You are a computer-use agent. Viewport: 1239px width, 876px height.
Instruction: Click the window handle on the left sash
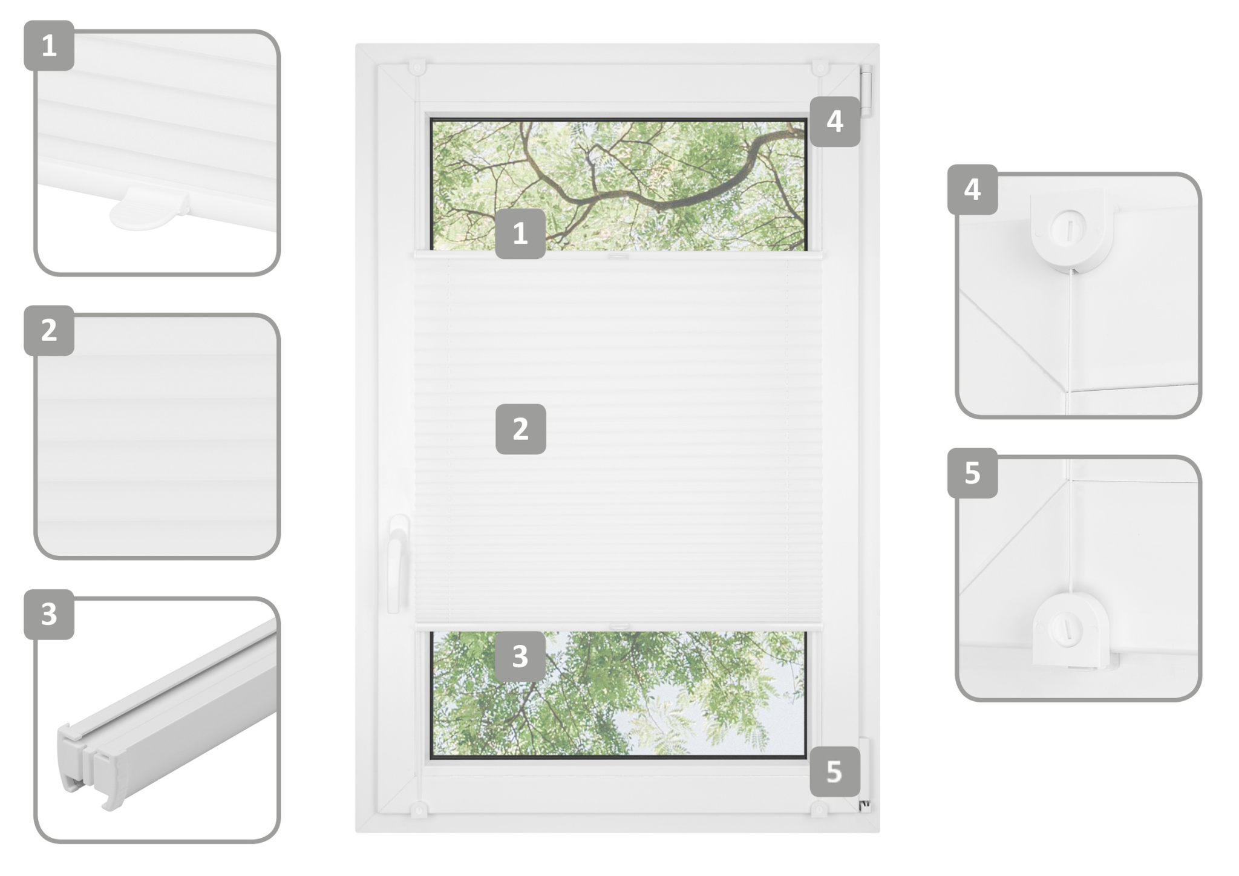(x=398, y=563)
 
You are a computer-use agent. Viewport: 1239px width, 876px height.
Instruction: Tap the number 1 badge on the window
(x=520, y=234)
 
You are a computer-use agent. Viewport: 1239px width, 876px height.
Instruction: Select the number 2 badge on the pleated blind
(x=520, y=429)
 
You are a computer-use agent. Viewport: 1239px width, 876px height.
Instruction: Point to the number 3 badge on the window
(x=520, y=656)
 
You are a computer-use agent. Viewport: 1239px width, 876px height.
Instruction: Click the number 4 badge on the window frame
(x=835, y=121)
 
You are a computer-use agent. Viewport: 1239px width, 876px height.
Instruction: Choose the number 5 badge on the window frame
(x=835, y=771)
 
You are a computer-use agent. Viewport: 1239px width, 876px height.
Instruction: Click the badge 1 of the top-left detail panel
(x=49, y=45)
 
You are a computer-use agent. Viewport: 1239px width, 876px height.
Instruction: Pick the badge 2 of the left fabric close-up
(x=49, y=330)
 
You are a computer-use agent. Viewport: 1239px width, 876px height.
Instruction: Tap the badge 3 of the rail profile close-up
(x=49, y=614)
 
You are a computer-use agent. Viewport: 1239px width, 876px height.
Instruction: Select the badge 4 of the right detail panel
(x=972, y=189)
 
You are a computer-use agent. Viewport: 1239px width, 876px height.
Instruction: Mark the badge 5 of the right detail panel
(x=972, y=473)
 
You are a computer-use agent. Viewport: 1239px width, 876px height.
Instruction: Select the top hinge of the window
(x=866, y=90)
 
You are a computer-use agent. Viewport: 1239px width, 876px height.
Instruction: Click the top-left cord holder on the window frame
(x=417, y=67)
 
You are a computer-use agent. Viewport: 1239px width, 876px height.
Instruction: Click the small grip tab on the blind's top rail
(x=618, y=257)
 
